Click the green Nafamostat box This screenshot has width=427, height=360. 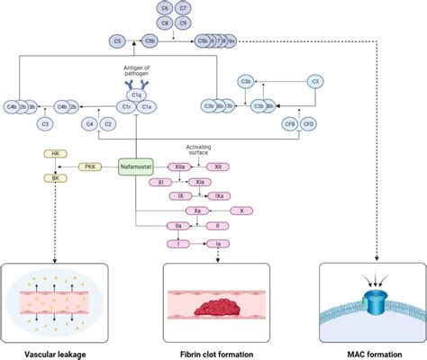point(135,166)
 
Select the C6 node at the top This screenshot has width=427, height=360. point(164,8)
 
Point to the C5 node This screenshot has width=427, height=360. point(116,40)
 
